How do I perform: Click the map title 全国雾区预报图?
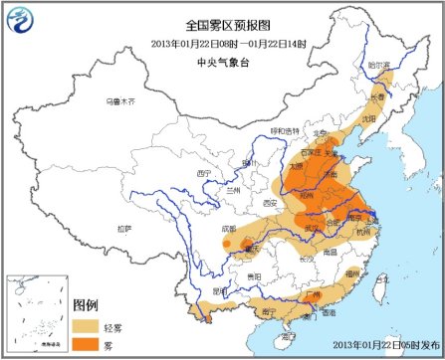click(x=222, y=23)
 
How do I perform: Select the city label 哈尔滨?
click(x=376, y=65)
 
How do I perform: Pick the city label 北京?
click(x=321, y=131)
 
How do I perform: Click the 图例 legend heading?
click(x=91, y=304)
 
